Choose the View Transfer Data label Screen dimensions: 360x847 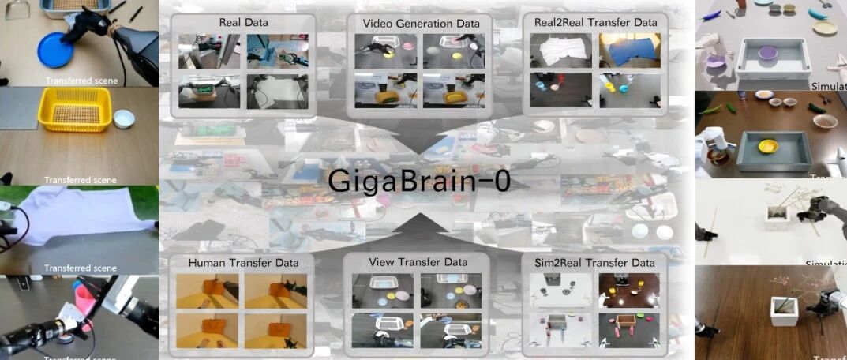pyautogui.click(x=418, y=261)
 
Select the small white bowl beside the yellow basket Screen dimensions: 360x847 pyautogui.click(x=124, y=119)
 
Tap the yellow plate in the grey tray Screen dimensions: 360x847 pyautogui.click(x=768, y=146)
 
